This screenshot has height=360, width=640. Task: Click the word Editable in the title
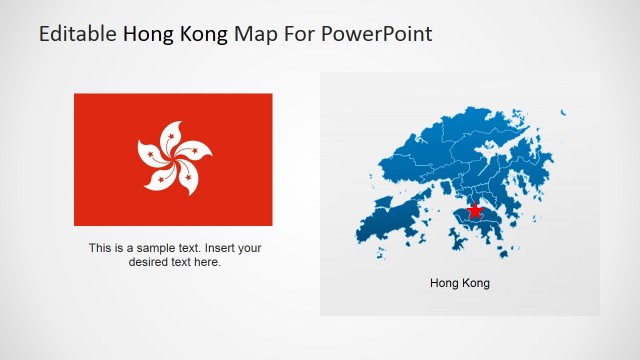coord(78,34)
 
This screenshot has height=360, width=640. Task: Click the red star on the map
coord(474,210)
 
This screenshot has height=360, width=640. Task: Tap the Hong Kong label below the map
coord(460,283)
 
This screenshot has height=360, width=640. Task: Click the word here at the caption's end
coord(207,262)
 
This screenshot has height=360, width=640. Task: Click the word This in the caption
coord(100,248)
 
